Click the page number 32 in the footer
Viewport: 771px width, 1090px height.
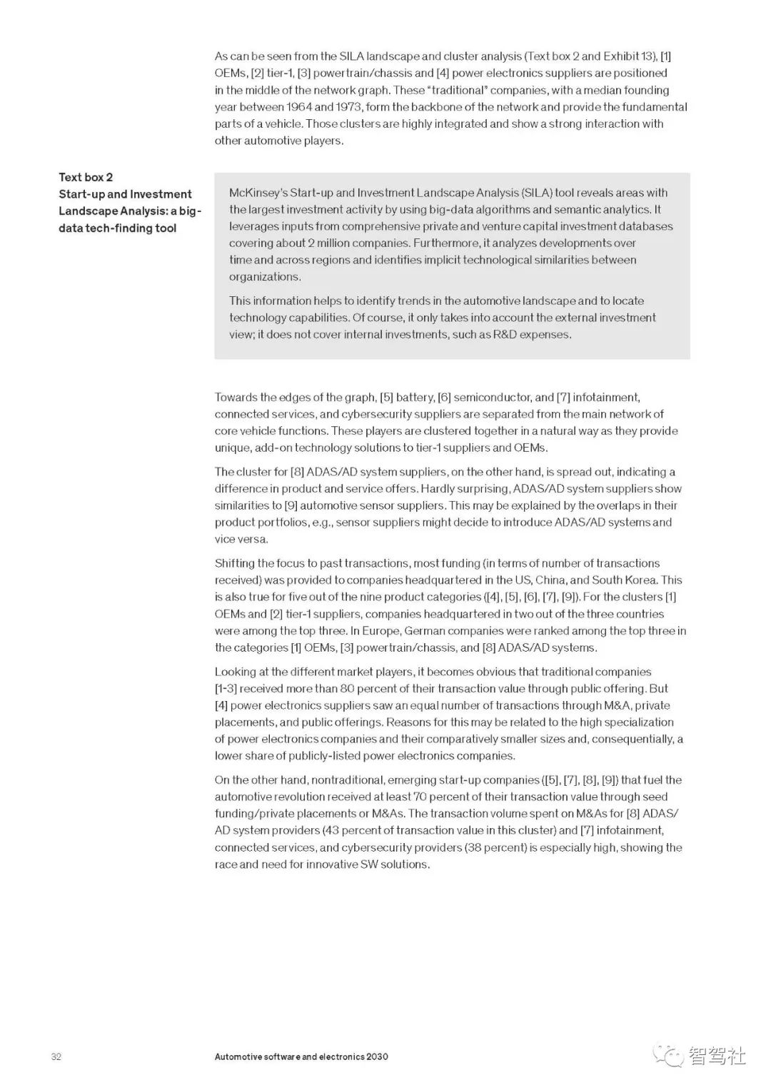click(x=56, y=1056)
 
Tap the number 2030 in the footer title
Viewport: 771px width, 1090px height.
click(x=377, y=1056)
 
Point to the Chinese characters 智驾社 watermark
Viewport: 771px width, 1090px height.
click(x=717, y=1055)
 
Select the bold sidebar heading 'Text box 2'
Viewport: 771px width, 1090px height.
click(x=86, y=177)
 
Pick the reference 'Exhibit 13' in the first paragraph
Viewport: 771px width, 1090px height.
click(x=629, y=56)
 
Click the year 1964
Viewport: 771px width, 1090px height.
click(x=298, y=107)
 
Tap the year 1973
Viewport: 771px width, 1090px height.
click(x=350, y=107)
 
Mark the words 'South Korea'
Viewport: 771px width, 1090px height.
click(x=625, y=580)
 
